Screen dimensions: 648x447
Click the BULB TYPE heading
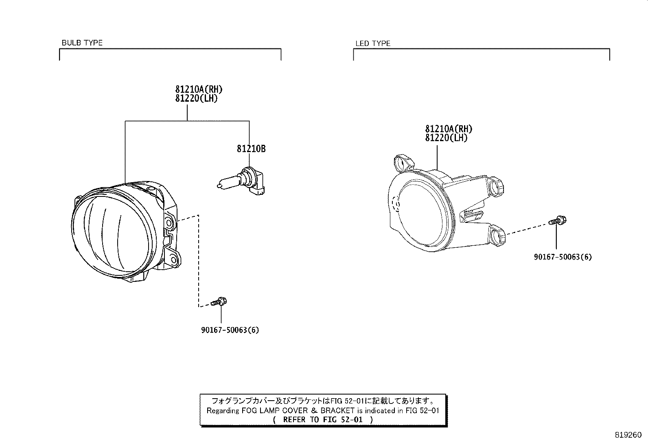[x=82, y=43]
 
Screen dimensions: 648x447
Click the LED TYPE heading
[x=373, y=44]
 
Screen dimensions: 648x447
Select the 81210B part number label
[x=251, y=148]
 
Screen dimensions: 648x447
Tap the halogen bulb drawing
[x=241, y=181]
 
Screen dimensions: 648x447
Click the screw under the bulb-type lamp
[x=219, y=302]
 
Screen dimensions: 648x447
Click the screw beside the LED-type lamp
[x=558, y=221]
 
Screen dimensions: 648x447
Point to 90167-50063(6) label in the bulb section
[x=230, y=330]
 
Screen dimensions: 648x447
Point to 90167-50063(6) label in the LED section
[x=563, y=257]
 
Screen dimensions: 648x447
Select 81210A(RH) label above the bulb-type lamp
[x=199, y=89]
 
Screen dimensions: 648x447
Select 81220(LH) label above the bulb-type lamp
[x=196, y=98]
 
